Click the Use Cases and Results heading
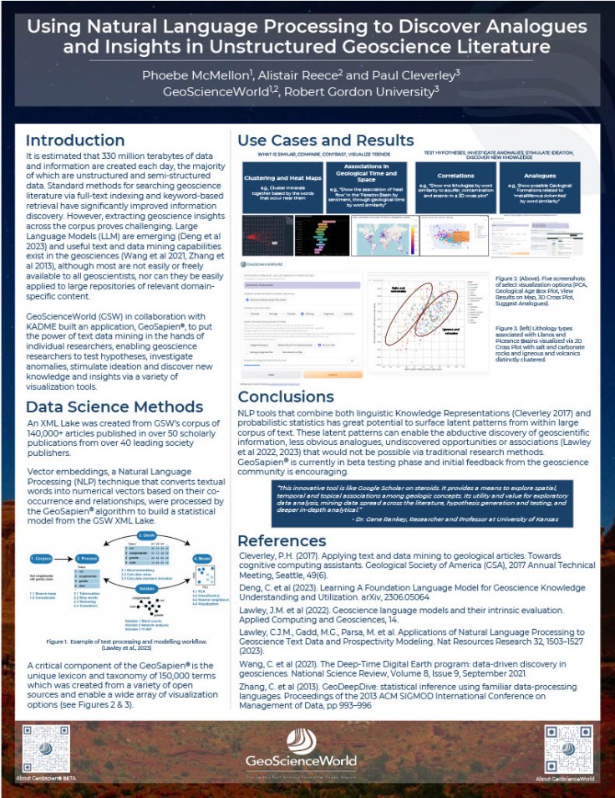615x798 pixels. tap(325, 140)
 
